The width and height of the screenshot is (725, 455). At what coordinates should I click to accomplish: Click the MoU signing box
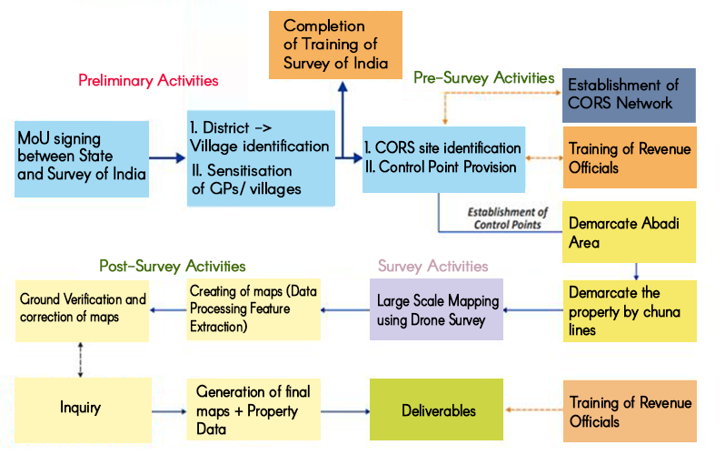tap(82, 157)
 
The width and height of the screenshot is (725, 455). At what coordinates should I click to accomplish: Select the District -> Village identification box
tap(260, 157)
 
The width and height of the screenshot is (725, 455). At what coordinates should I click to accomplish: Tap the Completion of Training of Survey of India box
tap(335, 43)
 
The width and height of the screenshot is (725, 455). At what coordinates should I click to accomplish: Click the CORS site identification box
tap(442, 158)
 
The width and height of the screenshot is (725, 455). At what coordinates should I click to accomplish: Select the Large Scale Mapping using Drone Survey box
tap(436, 310)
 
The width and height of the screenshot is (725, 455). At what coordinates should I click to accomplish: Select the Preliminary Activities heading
tap(148, 80)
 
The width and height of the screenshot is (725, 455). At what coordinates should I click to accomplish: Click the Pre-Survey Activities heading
tap(483, 78)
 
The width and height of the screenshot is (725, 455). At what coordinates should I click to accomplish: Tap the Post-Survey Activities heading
tap(173, 266)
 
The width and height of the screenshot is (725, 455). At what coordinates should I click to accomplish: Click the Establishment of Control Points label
tap(508, 217)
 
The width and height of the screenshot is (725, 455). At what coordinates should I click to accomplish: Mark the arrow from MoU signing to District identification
tap(167, 158)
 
